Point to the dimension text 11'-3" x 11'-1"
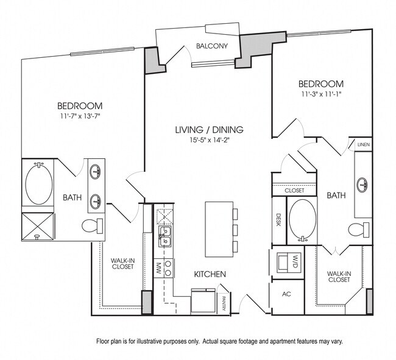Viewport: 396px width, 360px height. pyautogui.click(x=320, y=95)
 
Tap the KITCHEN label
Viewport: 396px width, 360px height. pyautogui.click(x=210, y=274)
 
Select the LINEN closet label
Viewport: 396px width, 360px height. pyautogui.click(x=364, y=145)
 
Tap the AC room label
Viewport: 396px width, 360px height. pyautogui.click(x=286, y=294)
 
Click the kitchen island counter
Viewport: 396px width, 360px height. pyautogui.click(x=217, y=229)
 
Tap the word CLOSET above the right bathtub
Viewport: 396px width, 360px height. pyautogui.click(x=294, y=191)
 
